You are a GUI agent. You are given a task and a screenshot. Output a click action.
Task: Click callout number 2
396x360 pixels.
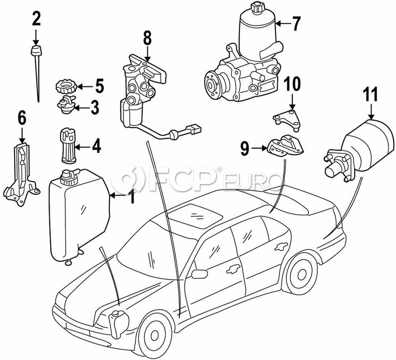[x=36, y=19]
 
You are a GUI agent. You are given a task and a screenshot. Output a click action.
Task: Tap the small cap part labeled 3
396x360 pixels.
[x=66, y=105]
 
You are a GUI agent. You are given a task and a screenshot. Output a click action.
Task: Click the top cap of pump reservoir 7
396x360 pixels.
[x=255, y=8]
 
